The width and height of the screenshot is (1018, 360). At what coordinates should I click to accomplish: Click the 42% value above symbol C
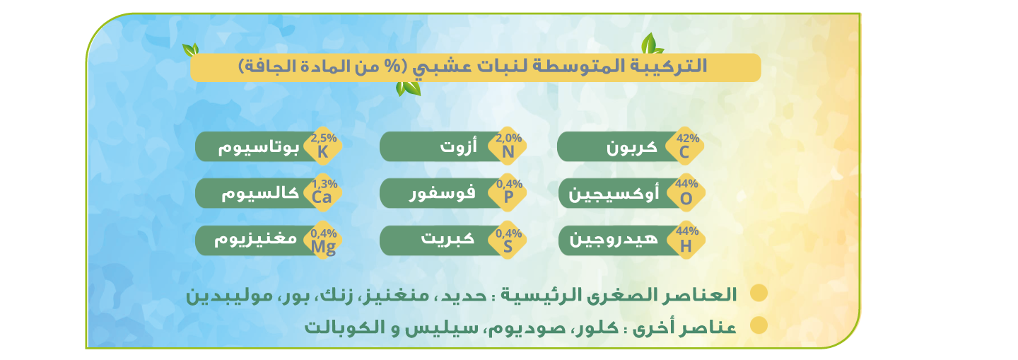point(688,138)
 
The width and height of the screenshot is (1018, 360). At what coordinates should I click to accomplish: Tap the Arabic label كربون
point(632,148)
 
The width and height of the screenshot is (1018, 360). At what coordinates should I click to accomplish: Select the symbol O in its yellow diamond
point(686,199)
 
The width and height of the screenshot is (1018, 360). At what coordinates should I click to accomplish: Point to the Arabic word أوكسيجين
point(614,194)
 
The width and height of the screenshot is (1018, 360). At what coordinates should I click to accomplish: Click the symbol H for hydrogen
point(686,246)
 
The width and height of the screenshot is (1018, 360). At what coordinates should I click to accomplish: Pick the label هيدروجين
point(614,239)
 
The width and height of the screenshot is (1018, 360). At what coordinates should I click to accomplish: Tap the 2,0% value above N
point(508,138)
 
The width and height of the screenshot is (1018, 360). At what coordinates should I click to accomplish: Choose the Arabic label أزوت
point(459,146)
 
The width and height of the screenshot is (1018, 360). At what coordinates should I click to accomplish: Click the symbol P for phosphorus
point(508,197)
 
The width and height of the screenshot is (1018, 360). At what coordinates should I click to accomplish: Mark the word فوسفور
point(443,193)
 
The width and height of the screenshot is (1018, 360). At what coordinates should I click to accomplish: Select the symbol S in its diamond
point(508,246)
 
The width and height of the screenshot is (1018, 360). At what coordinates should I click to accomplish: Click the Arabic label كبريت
point(447,238)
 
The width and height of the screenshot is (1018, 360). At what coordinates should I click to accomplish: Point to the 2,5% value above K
point(324,138)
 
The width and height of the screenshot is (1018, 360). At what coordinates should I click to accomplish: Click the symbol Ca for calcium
point(322,197)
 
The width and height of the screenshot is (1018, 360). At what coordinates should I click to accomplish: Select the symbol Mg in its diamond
point(324,247)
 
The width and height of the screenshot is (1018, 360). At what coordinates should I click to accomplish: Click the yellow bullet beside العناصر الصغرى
point(759,294)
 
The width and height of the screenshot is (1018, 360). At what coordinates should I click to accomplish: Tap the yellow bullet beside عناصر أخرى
point(759,325)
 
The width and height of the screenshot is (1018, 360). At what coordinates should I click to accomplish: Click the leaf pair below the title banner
point(408,88)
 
